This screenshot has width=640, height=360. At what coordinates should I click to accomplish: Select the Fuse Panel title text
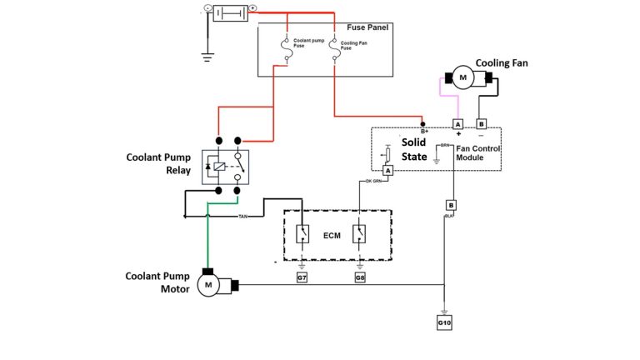coord(367,28)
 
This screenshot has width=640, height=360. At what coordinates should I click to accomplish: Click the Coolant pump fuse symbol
coord(287,52)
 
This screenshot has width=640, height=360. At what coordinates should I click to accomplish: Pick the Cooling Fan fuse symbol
coord(333,52)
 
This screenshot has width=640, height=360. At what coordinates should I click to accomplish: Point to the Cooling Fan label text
coord(502,62)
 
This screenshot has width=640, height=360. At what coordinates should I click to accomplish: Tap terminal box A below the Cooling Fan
coord(457,124)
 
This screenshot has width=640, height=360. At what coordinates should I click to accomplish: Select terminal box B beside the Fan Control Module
coord(481,124)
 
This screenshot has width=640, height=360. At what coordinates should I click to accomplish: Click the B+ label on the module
coord(424,131)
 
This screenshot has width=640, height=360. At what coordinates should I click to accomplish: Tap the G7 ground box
coord(302,276)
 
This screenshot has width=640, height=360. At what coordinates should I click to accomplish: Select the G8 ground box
coord(360,276)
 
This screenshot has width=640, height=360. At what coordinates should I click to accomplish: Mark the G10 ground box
coord(444,321)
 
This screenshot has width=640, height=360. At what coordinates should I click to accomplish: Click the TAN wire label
coord(242,217)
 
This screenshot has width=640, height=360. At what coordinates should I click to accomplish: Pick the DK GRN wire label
coord(374,181)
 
